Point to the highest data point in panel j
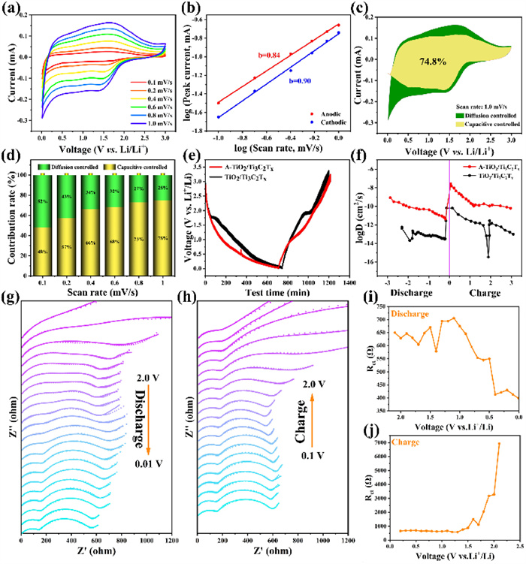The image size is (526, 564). coord(499,443)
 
